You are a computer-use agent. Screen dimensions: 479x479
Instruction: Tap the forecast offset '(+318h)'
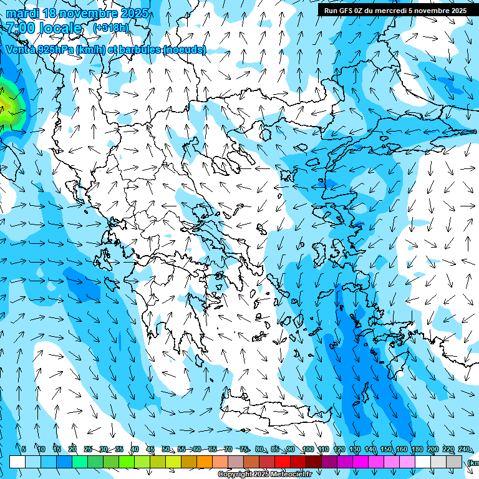[x=111, y=27]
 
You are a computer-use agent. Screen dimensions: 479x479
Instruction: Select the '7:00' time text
[x=20, y=28]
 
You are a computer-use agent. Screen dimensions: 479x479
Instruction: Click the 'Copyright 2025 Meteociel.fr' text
[x=265, y=475]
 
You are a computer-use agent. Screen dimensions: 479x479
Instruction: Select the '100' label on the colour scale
[x=307, y=449]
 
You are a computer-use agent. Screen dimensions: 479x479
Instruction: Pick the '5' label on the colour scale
[x=24, y=449]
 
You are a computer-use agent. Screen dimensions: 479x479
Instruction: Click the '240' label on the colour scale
[x=464, y=449]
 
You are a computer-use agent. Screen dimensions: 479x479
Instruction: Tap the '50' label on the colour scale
[x=166, y=449]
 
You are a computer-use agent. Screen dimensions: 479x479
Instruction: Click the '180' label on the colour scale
[x=417, y=449]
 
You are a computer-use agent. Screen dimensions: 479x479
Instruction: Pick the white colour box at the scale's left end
[x=17, y=462]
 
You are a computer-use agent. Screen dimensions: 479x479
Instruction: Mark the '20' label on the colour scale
[x=72, y=449]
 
